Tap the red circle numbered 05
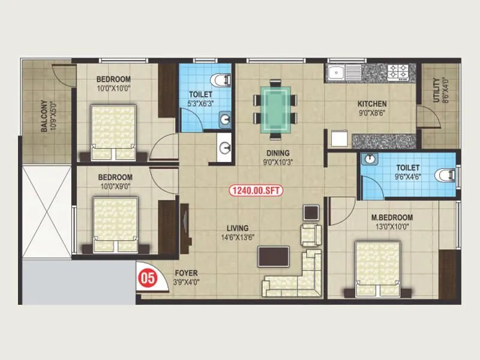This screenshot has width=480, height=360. click(x=145, y=278)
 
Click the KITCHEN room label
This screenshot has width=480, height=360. click(x=373, y=103)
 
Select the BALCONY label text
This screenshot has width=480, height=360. click(x=45, y=115)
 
